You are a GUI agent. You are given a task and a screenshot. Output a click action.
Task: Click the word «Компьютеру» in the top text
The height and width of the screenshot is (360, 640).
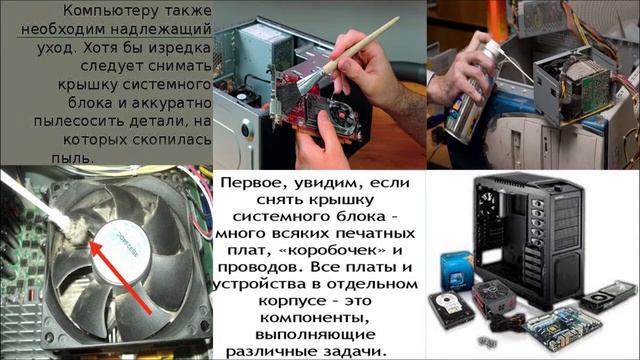click(x=104, y=11)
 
